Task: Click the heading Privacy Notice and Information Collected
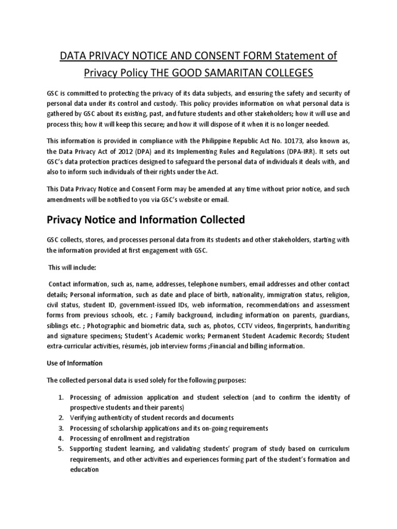click(145, 220)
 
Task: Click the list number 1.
click(60, 397)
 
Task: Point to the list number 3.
click(60, 428)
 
